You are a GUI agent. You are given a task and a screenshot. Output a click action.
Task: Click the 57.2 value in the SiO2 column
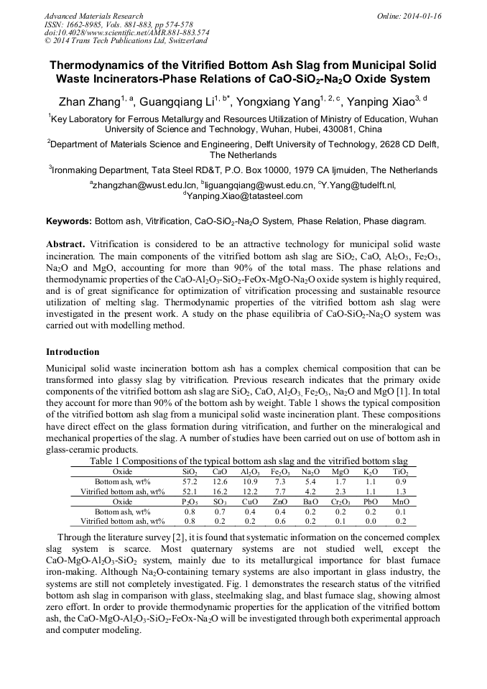coord(190,481)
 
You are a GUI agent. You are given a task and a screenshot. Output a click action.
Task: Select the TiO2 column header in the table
coord(401,471)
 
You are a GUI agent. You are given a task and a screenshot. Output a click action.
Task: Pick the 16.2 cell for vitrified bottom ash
coord(220,491)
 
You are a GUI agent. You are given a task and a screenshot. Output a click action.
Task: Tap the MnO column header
coord(401,501)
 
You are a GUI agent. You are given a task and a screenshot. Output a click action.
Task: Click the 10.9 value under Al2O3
coord(250,481)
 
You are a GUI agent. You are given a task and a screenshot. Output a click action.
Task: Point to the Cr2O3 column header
coord(341,501)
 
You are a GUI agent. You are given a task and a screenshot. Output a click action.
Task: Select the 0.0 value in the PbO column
coord(371,522)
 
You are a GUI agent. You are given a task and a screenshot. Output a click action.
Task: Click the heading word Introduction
coord(73,352)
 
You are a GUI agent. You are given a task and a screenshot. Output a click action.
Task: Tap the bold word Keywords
coord(69,221)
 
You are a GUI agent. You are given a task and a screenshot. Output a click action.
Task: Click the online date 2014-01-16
coord(424,16)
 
